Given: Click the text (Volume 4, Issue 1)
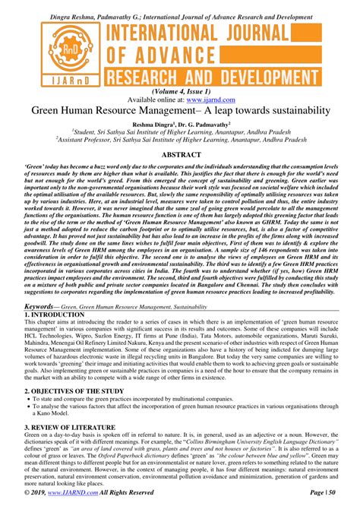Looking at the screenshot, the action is click(x=180, y=90).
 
